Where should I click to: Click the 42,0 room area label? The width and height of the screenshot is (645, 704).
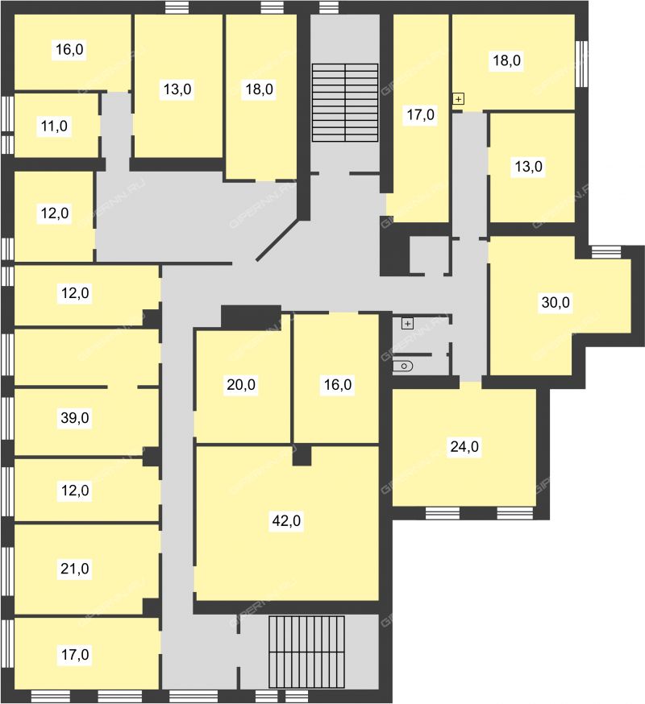click(286, 521)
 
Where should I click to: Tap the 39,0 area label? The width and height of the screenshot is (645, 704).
click(75, 418)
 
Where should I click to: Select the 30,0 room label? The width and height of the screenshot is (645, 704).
click(556, 303)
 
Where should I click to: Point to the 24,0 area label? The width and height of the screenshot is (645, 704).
click(464, 447)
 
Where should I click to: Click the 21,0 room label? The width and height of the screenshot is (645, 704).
click(75, 569)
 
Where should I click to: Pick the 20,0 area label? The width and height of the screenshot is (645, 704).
click(241, 385)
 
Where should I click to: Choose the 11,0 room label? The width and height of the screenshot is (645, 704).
click(54, 126)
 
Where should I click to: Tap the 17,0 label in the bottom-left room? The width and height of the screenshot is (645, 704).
click(75, 655)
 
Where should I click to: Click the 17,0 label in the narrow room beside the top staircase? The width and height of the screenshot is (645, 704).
click(420, 115)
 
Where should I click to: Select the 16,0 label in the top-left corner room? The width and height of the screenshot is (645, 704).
click(69, 49)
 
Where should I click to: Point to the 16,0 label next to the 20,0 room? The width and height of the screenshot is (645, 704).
click(338, 385)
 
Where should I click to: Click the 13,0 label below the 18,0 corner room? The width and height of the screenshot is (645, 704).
click(529, 167)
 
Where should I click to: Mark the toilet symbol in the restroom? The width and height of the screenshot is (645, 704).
click(403, 366)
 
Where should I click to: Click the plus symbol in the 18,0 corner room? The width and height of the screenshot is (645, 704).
click(458, 98)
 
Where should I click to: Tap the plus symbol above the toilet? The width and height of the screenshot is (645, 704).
click(407, 324)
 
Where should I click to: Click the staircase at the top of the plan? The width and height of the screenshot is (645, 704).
click(345, 103)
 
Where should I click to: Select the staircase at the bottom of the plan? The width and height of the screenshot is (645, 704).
click(306, 652)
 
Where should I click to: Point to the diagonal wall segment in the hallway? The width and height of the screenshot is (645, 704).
click(277, 240)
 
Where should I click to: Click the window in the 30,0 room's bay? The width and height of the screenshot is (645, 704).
click(605, 252)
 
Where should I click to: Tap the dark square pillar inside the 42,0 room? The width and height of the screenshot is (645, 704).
click(302, 456)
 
